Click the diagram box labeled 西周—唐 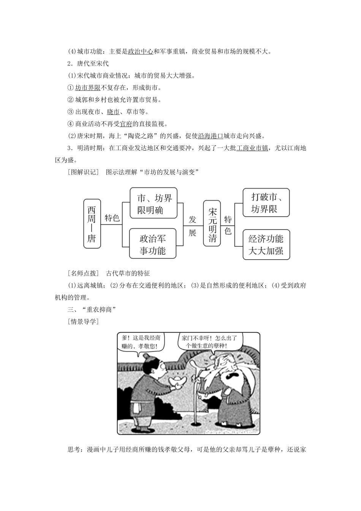[x=92, y=224]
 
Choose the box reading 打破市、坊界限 [x=266, y=203]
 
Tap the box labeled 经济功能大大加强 [x=266, y=244]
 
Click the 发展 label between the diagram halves [x=192, y=226]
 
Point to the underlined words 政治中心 [x=140, y=51]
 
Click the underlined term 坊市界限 [x=87, y=88]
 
